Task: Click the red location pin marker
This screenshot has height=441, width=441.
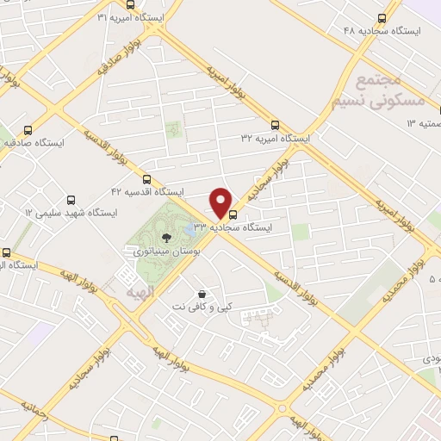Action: [x=221, y=202]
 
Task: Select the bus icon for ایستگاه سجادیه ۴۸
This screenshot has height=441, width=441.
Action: [x=382, y=18]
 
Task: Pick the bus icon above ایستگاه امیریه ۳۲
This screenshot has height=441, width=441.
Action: [x=275, y=124]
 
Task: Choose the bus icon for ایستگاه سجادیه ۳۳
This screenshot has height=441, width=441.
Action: [x=233, y=214]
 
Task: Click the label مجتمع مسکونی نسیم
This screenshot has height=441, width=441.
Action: [x=379, y=91]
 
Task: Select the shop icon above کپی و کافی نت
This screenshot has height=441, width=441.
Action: [x=202, y=294]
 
